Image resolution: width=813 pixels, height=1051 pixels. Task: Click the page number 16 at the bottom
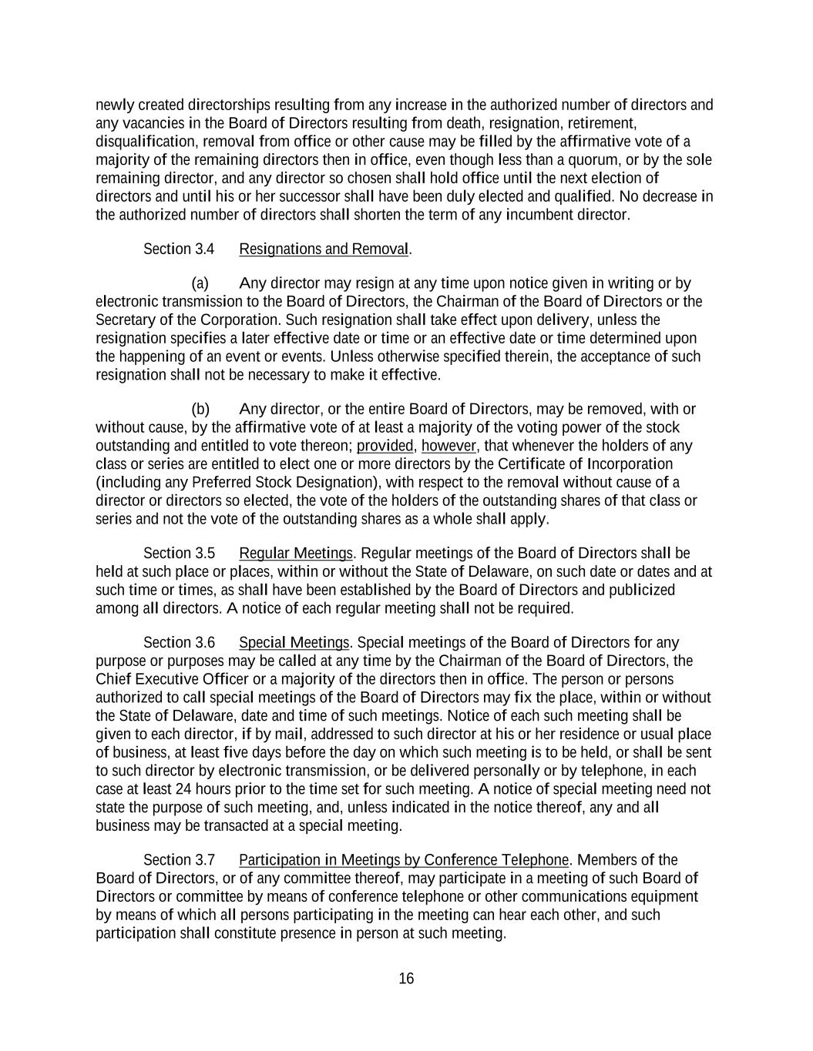tap(406, 979)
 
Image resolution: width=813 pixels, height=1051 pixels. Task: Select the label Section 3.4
tap(179, 249)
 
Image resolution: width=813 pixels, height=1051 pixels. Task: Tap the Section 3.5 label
tap(179, 554)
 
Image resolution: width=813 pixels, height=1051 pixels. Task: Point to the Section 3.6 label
tap(179, 643)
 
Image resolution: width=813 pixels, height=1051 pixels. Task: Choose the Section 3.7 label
tap(179, 860)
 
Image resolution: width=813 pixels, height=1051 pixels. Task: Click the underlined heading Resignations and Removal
tap(324, 249)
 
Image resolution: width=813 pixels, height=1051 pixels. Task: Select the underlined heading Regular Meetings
tap(295, 554)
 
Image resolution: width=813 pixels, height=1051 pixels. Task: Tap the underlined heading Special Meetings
tap(294, 643)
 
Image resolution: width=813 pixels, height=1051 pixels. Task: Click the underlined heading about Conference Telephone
tap(404, 860)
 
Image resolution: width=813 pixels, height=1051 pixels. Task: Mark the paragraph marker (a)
tap(200, 283)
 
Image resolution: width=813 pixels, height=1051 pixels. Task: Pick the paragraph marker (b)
tap(200, 409)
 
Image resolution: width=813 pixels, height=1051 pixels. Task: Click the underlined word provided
tap(385, 446)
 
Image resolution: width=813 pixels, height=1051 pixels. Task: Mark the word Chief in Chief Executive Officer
tap(113, 679)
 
